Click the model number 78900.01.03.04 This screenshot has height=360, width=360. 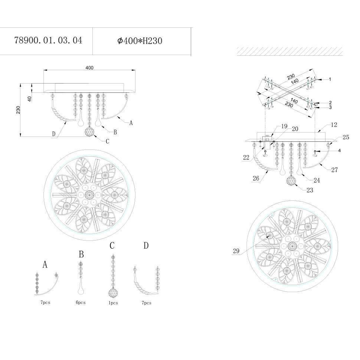[48, 40]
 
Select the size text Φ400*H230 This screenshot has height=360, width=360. [140, 41]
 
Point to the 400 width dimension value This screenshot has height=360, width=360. [89, 68]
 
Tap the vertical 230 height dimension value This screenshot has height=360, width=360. [18, 110]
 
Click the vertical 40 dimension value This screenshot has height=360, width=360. [30, 99]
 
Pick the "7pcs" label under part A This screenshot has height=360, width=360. [45, 302]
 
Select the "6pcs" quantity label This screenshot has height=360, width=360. [81, 302]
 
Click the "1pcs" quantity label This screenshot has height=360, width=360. [113, 303]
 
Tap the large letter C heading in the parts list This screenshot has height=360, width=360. [112, 245]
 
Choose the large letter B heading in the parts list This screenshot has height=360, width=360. [81, 254]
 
